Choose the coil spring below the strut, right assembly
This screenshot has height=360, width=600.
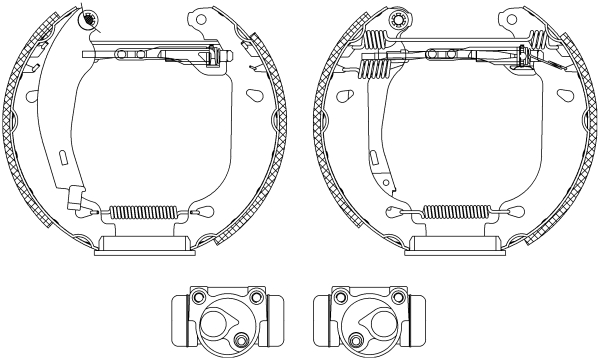374,71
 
